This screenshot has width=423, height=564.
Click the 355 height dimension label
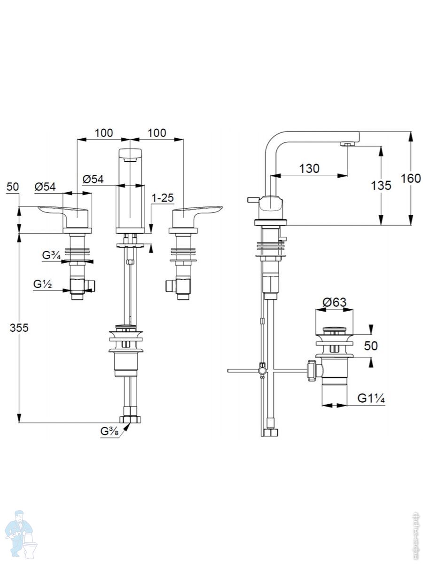tap(19, 328)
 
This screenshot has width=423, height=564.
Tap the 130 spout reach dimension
tap(309, 169)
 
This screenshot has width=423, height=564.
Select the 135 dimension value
tap(381, 186)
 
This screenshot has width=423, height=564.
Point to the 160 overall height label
tap(411, 179)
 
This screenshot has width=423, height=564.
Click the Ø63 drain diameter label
tap(334, 302)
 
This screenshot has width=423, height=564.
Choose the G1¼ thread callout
tap(371, 399)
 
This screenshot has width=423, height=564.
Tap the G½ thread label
tap(43, 284)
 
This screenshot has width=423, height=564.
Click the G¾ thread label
tap(52, 255)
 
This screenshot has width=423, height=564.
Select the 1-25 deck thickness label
tap(163, 198)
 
